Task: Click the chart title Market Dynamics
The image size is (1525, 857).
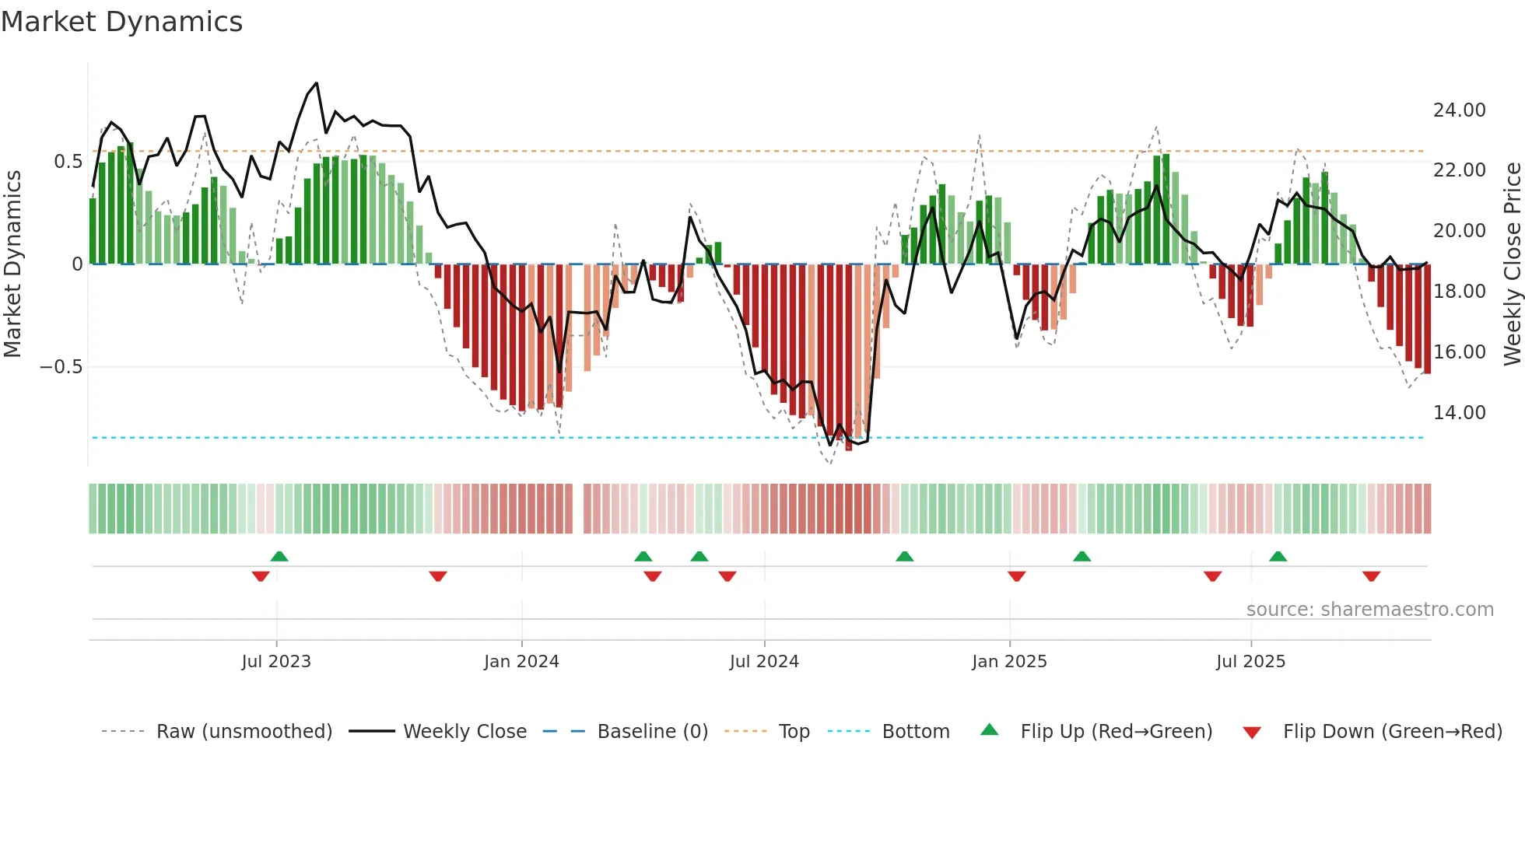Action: click(x=122, y=22)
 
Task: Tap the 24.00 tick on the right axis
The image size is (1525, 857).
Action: click(x=1459, y=110)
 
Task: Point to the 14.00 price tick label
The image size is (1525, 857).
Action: click(x=1459, y=413)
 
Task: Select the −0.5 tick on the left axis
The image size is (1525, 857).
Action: click(x=61, y=367)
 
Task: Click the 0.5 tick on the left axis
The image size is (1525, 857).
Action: click(x=68, y=162)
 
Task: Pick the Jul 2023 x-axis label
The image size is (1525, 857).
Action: click(x=276, y=662)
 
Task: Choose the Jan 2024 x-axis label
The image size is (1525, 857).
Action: click(x=521, y=662)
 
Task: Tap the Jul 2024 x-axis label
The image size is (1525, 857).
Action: click(x=764, y=662)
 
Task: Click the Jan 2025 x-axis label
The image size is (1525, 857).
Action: click(x=1009, y=662)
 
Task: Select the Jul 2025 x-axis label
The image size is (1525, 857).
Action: click(x=1250, y=662)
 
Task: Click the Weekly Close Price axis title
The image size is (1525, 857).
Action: click(x=1512, y=264)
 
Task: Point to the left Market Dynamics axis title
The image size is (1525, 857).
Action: click(x=12, y=264)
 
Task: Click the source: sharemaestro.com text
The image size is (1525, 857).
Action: click(x=1369, y=610)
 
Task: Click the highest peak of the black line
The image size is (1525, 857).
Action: click(x=316, y=83)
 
